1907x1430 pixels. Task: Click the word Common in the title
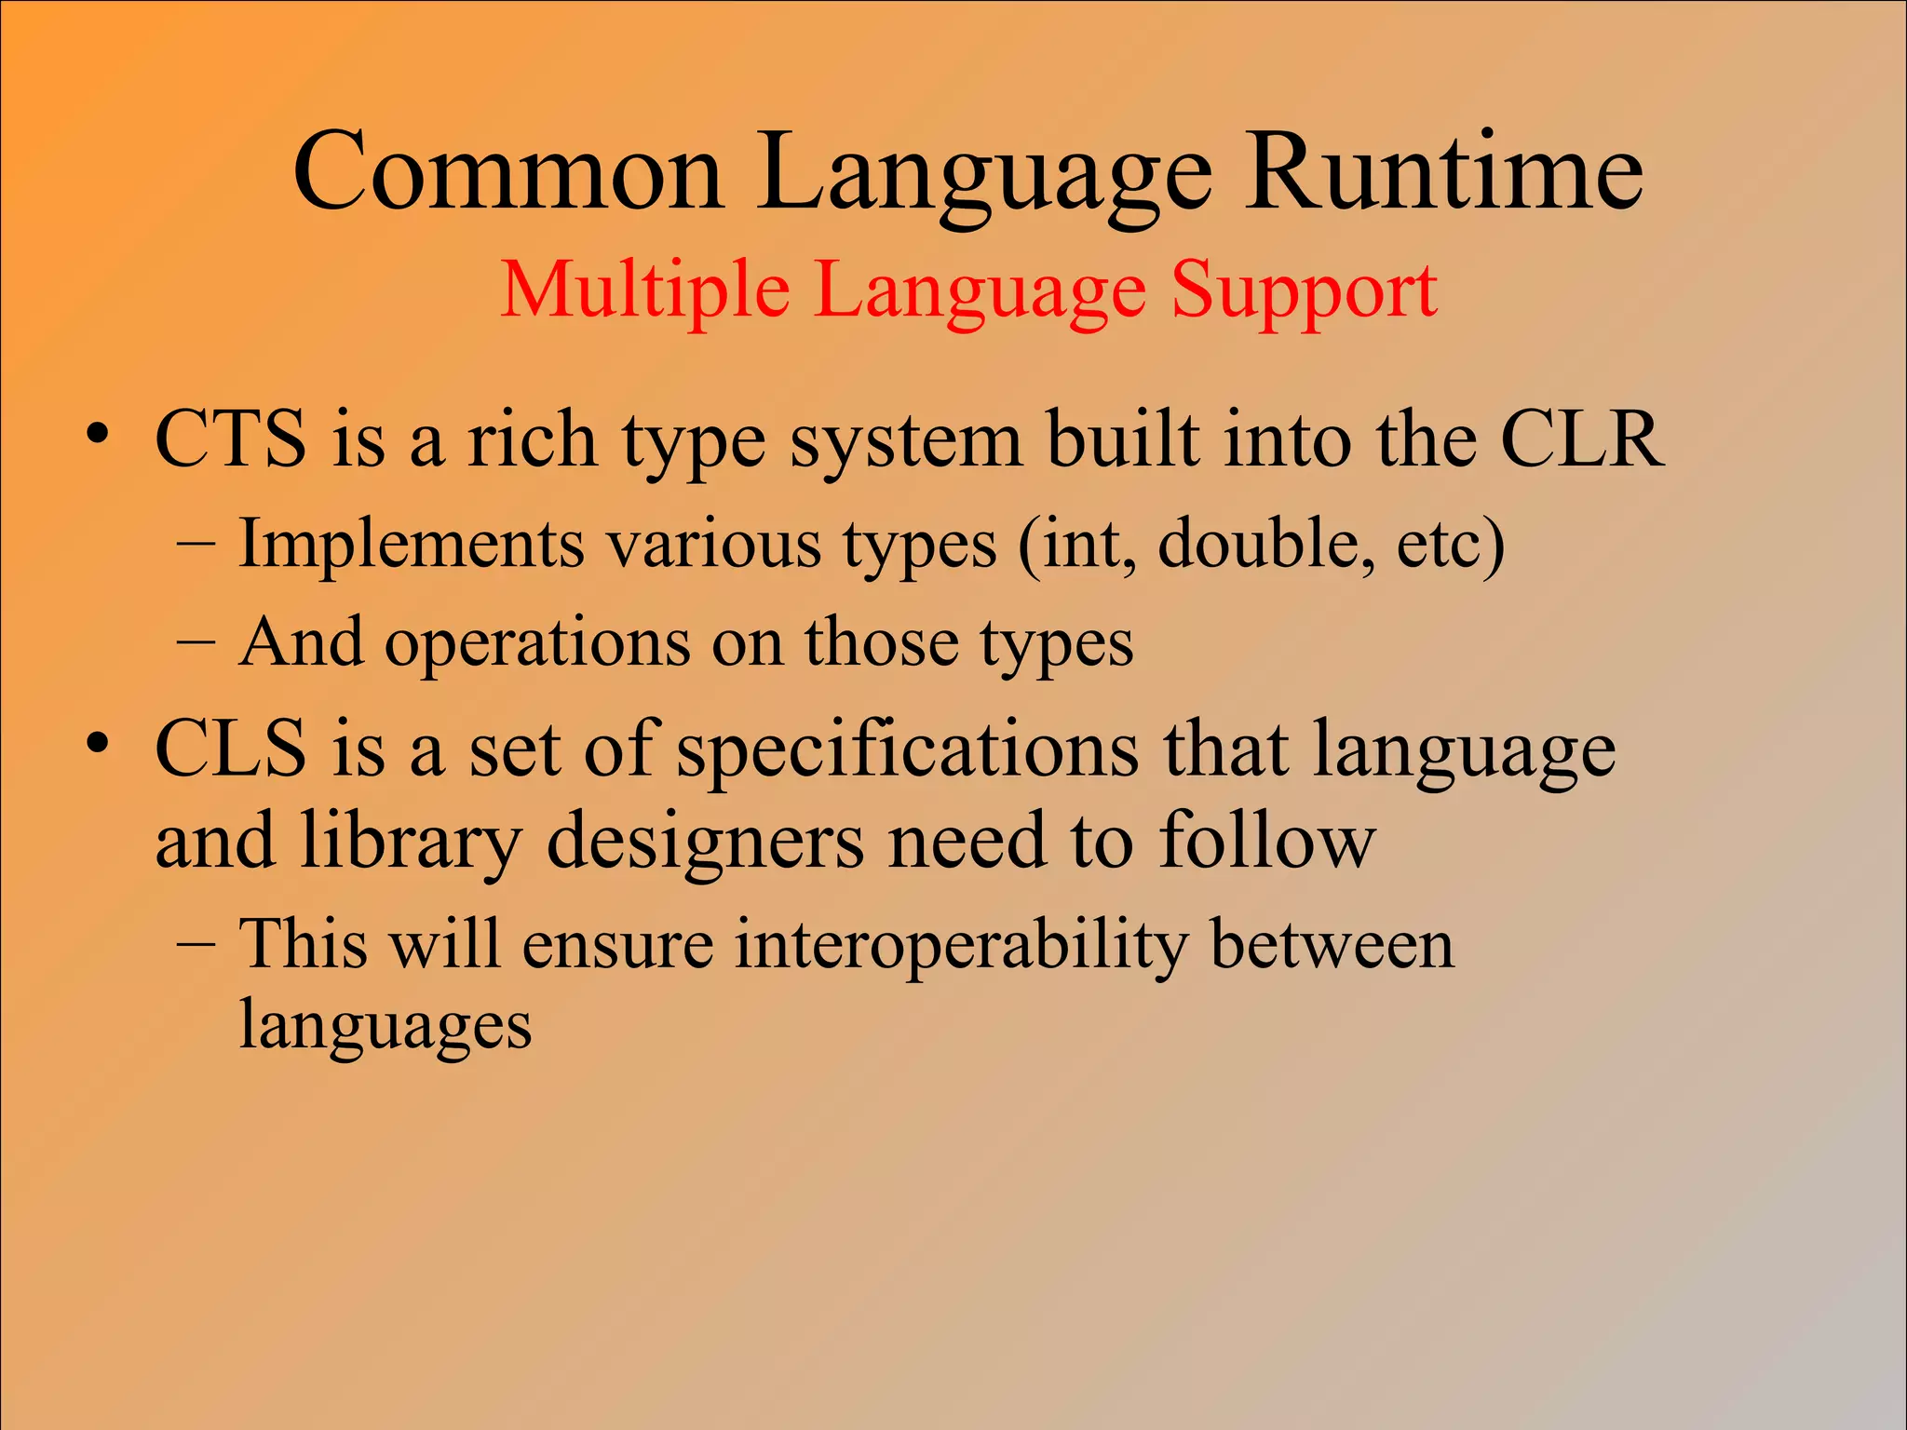pos(508,173)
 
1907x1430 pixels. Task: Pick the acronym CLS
pos(230,749)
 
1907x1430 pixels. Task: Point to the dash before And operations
pos(196,642)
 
